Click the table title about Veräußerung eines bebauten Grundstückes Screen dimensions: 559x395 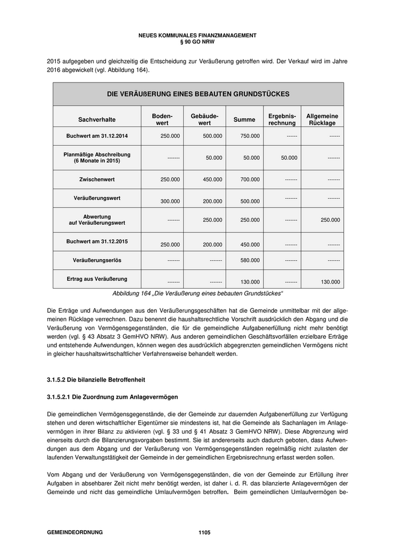[x=198, y=94]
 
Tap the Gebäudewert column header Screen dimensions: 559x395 [x=204, y=119]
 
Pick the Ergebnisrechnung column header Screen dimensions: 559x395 [x=282, y=119]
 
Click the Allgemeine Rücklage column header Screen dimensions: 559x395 [x=322, y=119]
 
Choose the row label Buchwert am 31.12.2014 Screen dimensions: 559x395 [x=97, y=136]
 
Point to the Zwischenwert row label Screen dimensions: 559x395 [x=97, y=179]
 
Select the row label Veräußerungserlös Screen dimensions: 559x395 [x=97, y=260]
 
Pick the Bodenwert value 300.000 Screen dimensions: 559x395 [x=170, y=201]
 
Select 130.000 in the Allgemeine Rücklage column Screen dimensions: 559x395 [x=330, y=282]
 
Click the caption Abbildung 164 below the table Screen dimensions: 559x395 [x=197, y=294]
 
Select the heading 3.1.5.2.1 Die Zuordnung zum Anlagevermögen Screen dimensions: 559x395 [x=109, y=399]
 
